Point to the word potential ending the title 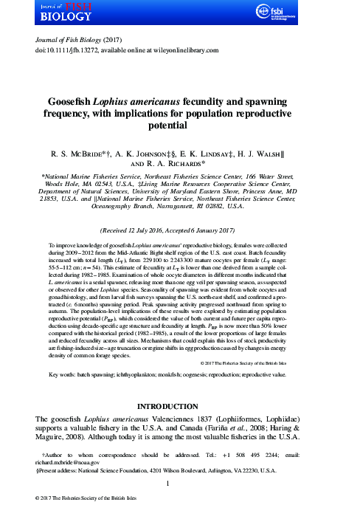[180, 126]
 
